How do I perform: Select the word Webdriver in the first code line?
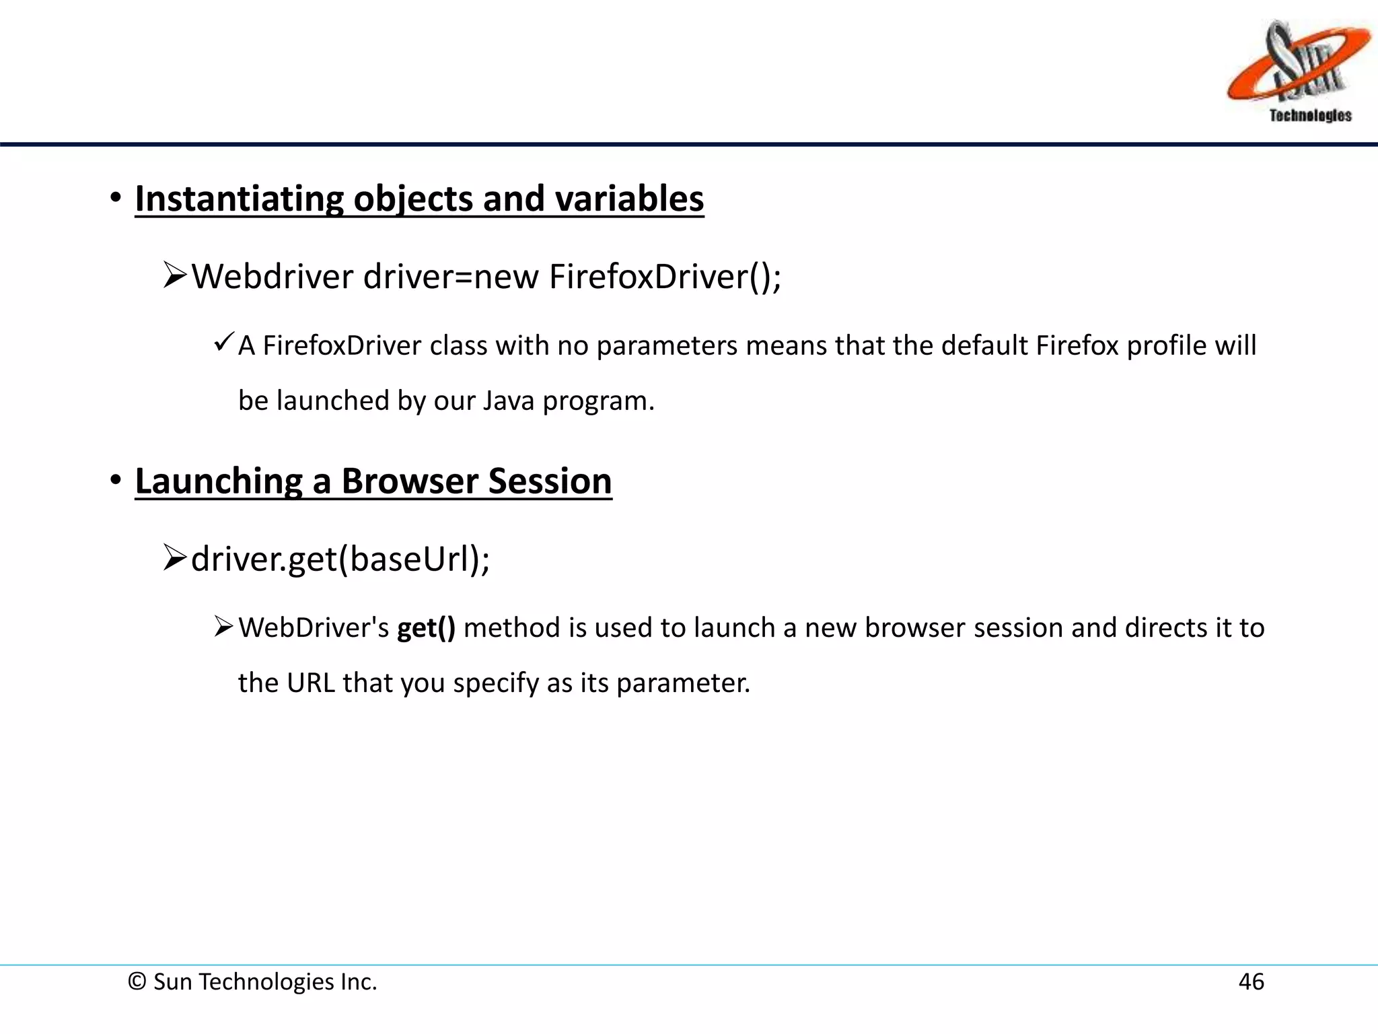pos(272,277)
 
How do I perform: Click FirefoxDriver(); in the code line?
pos(665,277)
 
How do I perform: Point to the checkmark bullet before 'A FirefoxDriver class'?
pos(223,342)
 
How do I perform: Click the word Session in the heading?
pos(550,481)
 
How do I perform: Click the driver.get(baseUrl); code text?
pos(340,559)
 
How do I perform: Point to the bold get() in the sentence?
pos(426,628)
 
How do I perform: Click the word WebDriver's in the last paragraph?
pos(314,628)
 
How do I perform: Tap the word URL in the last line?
pos(310,683)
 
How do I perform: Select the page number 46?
pos(1251,981)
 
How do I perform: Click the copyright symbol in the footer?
pos(137,981)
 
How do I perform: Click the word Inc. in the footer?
pos(359,981)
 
